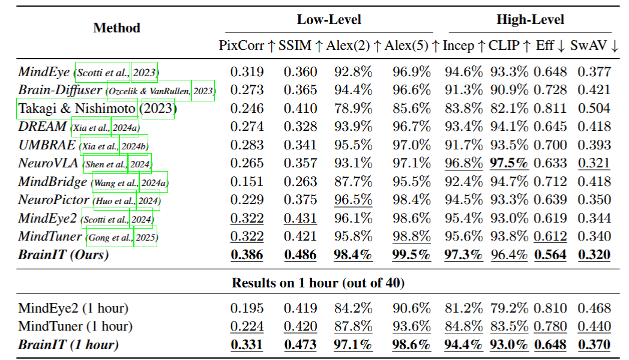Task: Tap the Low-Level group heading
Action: tap(329, 20)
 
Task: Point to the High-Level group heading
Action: tap(530, 20)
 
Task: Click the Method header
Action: tap(116, 28)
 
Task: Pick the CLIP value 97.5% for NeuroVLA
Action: tap(509, 164)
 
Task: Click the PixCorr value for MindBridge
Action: tap(247, 182)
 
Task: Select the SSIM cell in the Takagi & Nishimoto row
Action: tap(300, 109)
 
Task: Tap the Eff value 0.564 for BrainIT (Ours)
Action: tap(550, 255)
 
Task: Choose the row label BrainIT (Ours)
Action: tap(64, 255)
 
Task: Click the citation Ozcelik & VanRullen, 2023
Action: tap(160, 91)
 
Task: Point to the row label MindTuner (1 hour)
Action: tap(75, 326)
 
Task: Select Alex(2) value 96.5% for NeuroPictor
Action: tap(353, 200)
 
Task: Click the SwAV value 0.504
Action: tap(594, 109)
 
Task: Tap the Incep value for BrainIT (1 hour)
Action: tap(463, 345)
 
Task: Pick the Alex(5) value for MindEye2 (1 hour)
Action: tap(412, 308)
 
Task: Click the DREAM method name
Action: tap(42, 127)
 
